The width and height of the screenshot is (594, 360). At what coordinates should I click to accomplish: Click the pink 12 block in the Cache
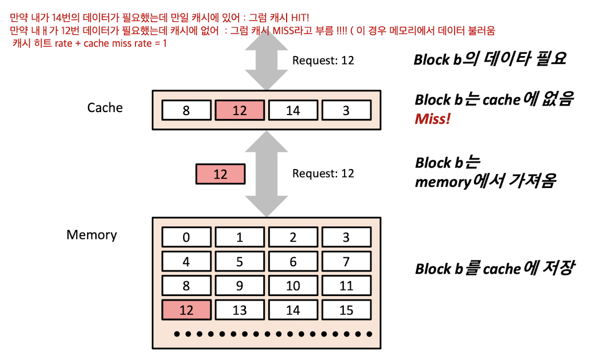(x=239, y=110)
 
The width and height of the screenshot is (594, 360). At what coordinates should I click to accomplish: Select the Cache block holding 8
(x=186, y=110)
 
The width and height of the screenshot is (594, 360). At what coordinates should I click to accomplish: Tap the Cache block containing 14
(x=293, y=110)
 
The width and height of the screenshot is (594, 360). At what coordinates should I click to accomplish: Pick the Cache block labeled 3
(x=346, y=110)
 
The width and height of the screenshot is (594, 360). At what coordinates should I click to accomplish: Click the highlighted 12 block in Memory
(x=186, y=310)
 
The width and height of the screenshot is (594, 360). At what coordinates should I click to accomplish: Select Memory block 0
(x=186, y=237)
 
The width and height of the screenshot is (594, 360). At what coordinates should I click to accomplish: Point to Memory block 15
(x=346, y=310)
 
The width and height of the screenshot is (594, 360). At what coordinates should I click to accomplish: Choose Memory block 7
(x=346, y=261)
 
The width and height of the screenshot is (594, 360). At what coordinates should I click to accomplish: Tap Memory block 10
(x=293, y=286)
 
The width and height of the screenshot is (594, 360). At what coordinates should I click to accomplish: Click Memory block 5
(x=239, y=261)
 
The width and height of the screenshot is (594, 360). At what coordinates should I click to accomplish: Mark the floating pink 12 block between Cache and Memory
(x=220, y=174)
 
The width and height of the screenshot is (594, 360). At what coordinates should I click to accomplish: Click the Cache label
(x=105, y=108)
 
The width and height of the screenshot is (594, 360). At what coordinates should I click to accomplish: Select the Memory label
(x=92, y=235)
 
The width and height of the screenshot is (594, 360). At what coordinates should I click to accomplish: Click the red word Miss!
(x=433, y=119)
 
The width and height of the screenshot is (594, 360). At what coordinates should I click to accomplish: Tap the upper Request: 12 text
(x=323, y=60)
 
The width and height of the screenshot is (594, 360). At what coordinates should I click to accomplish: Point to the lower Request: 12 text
(x=323, y=174)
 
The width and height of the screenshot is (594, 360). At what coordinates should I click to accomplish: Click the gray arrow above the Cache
(x=267, y=62)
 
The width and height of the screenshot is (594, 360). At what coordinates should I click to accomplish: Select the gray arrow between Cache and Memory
(x=267, y=174)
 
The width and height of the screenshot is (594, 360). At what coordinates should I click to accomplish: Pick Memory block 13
(x=239, y=310)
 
